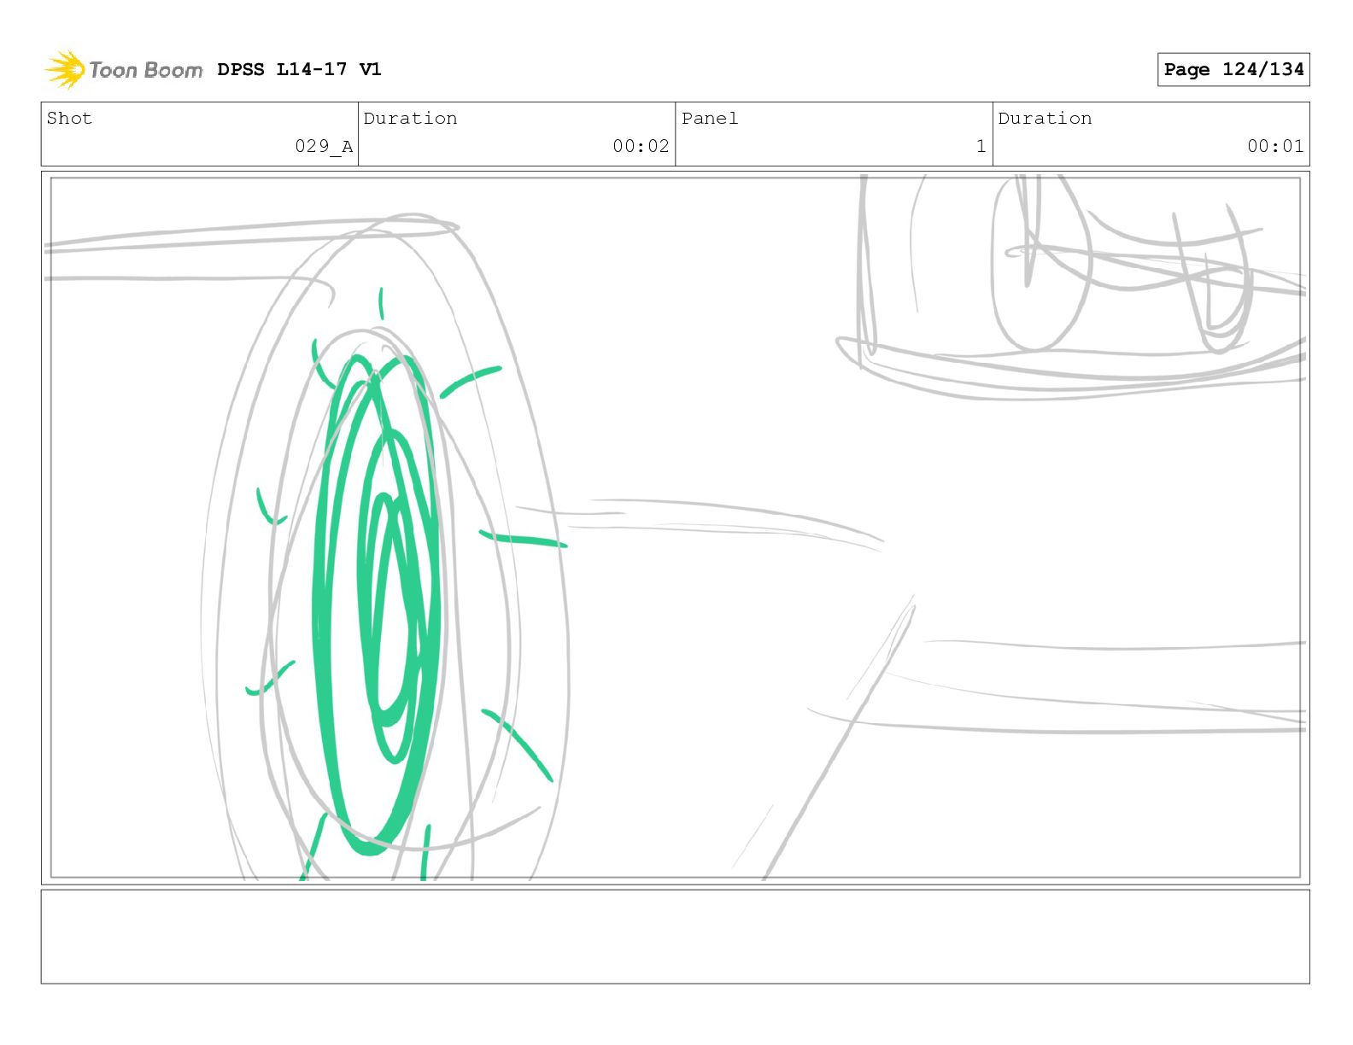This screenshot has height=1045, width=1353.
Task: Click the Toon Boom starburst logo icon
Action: click(x=65, y=70)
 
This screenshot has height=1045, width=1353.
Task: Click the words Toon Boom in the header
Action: click(x=146, y=70)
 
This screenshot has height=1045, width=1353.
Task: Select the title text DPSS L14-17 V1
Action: click(x=299, y=69)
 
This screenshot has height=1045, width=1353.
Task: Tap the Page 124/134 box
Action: click(x=1233, y=70)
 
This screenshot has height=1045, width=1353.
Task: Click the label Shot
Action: click(x=69, y=119)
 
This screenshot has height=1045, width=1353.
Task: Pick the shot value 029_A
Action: click(x=324, y=147)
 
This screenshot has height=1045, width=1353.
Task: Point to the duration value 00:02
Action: click(x=641, y=146)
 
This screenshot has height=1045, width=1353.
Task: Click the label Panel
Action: click(x=710, y=119)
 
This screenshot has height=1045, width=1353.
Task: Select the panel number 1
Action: click(x=981, y=146)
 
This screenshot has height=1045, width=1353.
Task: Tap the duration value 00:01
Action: click(x=1275, y=146)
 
